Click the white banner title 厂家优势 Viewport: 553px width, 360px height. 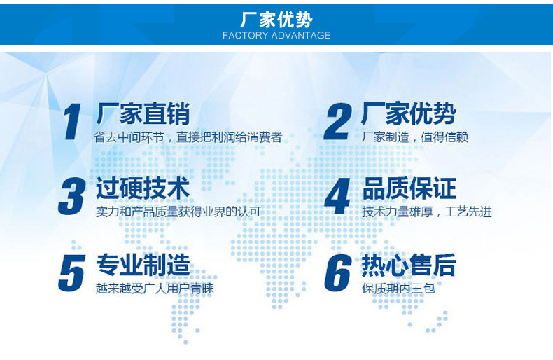point(276,20)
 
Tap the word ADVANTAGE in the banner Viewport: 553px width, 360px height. point(301,35)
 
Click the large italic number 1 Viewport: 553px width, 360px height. point(72,122)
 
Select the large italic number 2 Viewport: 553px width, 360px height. point(338,122)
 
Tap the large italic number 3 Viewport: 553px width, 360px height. point(72,196)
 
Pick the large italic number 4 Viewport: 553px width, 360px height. point(337,196)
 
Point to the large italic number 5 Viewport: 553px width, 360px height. point(72,273)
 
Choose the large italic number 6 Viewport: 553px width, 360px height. point(338,273)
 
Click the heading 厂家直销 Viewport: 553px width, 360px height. point(143,113)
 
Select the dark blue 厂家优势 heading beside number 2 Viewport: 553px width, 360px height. point(409,113)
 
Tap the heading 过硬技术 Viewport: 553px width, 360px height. point(143,188)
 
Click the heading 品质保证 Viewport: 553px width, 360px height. point(409,188)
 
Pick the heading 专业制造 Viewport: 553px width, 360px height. point(143,265)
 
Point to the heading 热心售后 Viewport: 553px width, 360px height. point(409,265)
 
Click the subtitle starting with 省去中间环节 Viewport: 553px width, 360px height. point(188,137)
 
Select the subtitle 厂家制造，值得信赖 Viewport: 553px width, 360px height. point(415,137)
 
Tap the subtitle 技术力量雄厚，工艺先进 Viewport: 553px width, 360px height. point(427,212)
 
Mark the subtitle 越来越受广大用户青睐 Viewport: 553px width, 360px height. point(155,289)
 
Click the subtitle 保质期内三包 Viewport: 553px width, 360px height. point(398,289)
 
